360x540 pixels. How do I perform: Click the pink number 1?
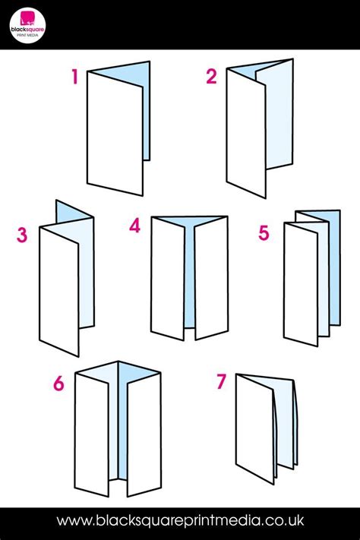click(x=74, y=77)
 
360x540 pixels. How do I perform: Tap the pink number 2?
click(x=212, y=77)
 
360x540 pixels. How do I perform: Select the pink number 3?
click(x=22, y=235)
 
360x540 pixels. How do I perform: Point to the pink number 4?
click(x=134, y=226)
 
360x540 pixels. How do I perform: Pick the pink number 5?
click(x=264, y=233)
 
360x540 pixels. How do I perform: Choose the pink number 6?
click(x=58, y=384)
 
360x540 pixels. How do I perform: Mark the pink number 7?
click(x=221, y=381)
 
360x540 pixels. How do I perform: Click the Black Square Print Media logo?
click(x=27, y=25)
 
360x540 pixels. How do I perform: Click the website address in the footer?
click(x=180, y=520)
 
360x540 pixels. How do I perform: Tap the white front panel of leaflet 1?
click(x=115, y=134)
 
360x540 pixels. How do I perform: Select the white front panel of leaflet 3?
click(x=59, y=292)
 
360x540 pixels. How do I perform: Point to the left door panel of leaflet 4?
click(x=167, y=278)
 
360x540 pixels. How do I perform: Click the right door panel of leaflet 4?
click(x=211, y=278)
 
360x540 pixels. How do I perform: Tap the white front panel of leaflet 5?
click(x=301, y=285)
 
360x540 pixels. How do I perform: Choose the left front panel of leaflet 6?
click(x=92, y=435)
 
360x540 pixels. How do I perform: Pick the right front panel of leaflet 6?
click(x=144, y=434)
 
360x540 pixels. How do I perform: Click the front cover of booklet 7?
click(x=255, y=429)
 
